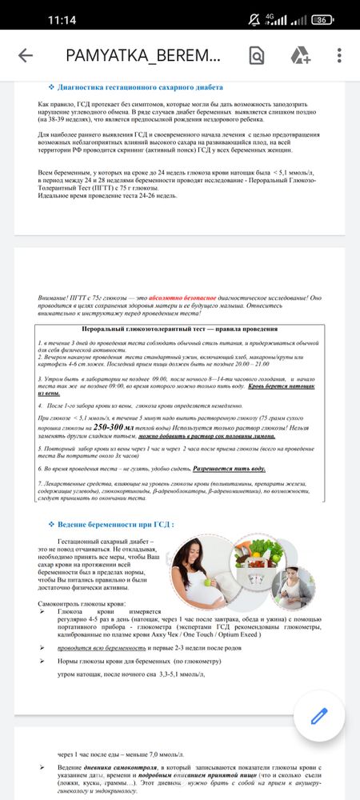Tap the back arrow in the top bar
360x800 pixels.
coord(26,55)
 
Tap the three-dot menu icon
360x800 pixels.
coord(340,55)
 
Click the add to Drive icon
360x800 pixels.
coord(300,55)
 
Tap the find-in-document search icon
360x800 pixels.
coord(257,55)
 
